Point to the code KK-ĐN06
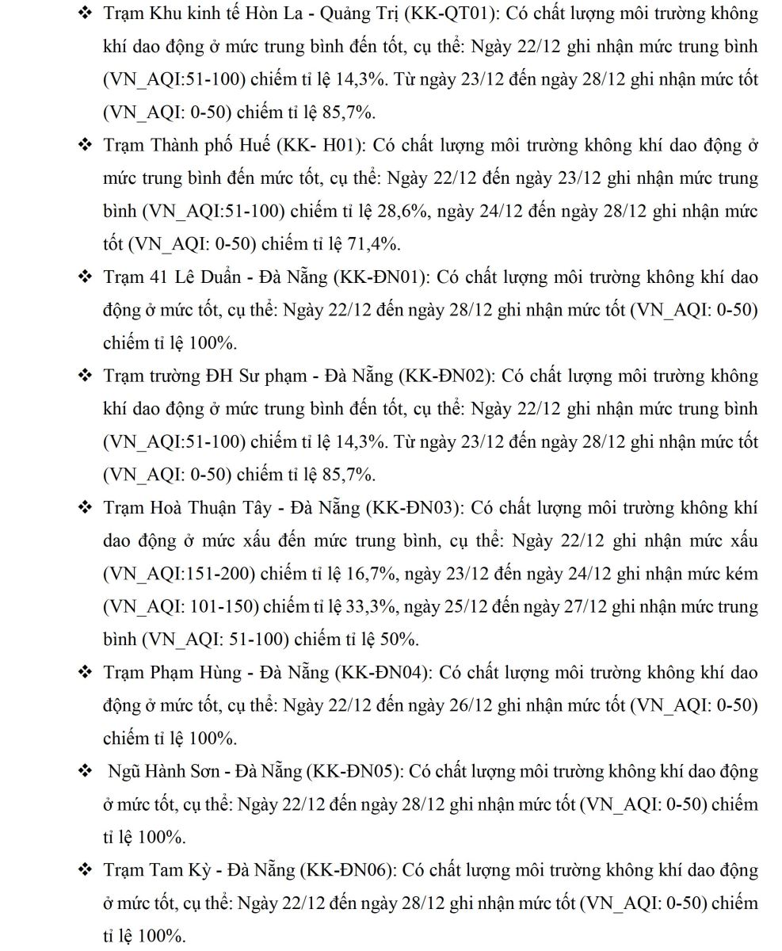(349, 870)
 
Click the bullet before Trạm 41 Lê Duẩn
(84, 277)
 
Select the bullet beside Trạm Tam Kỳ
(84, 870)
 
